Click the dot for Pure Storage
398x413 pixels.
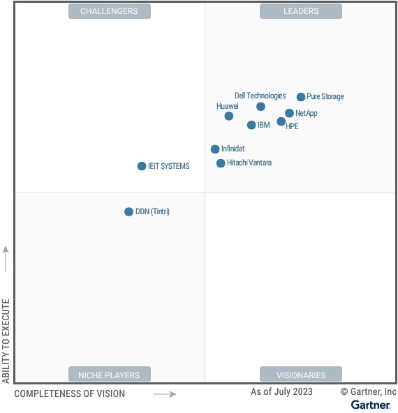click(301, 97)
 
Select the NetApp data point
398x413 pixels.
click(289, 113)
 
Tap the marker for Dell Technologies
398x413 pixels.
click(260, 107)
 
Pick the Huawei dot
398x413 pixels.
click(229, 116)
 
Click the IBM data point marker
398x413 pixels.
click(251, 126)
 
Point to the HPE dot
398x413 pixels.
click(281, 121)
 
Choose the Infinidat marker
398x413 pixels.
click(215, 149)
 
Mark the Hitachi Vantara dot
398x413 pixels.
click(221, 163)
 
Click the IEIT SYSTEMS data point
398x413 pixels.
click(142, 166)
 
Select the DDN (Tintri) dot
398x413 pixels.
click(128, 211)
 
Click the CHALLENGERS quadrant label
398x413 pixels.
click(109, 11)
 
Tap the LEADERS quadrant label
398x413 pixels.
click(301, 11)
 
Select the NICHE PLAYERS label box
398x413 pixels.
click(109, 375)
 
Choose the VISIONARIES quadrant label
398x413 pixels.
click(301, 375)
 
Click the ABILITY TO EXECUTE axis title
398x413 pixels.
click(6, 340)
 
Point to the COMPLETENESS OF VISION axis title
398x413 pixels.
click(70, 394)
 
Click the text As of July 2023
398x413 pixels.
click(281, 392)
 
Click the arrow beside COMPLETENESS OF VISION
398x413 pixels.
click(165, 394)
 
